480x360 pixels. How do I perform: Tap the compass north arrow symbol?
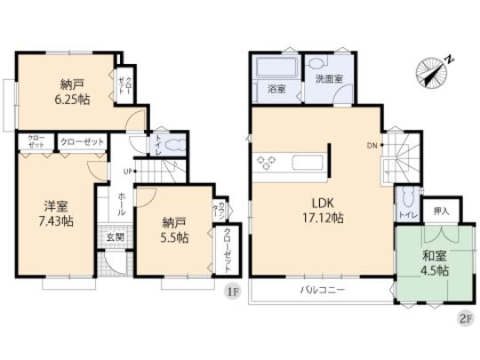click(x=433, y=71)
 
